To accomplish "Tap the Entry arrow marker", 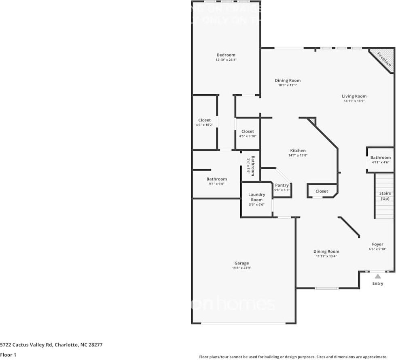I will [x=377, y=276].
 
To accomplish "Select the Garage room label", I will [x=242, y=263].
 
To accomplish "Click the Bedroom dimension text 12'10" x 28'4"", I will [x=226, y=60].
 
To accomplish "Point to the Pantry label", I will [x=282, y=185].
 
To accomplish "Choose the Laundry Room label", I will [x=256, y=197].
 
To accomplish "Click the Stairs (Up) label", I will [x=385, y=196].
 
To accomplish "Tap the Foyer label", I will [x=377, y=244].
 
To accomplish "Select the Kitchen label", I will [x=298, y=151].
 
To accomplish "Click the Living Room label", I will [x=354, y=96].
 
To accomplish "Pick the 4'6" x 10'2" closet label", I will [x=204, y=125].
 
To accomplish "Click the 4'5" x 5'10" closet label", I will [x=248, y=136].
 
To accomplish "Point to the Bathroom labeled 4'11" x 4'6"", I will [x=380, y=158].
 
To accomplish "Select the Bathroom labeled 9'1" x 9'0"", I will [x=216, y=179].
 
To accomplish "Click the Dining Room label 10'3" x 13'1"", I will [x=288, y=81].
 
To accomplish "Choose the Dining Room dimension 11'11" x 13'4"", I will [x=326, y=256].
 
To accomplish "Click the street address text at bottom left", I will [x=51, y=345].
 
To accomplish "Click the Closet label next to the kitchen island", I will [x=322, y=191].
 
